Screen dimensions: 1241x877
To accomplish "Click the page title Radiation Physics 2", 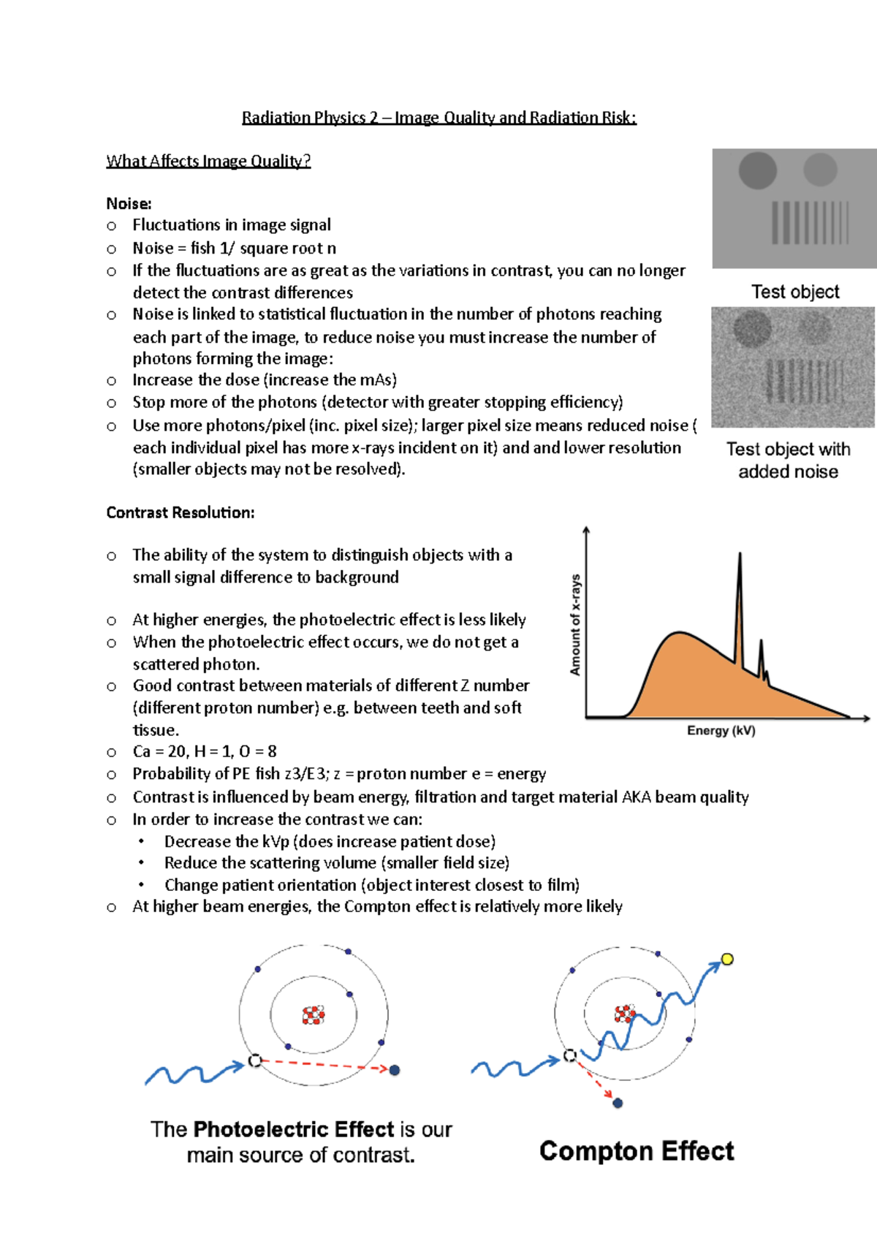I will coord(438,118).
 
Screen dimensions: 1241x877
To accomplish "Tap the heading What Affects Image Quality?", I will coord(208,161).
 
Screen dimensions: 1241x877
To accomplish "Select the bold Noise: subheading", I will coord(129,203).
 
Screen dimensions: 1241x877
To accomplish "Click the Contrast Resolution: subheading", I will coord(181,512).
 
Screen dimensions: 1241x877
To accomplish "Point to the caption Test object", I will coord(795,292).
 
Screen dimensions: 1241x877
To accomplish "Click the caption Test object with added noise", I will coord(788,460).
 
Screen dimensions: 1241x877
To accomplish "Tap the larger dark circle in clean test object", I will coord(757,170).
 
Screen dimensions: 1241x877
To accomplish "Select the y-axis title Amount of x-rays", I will coord(575,624).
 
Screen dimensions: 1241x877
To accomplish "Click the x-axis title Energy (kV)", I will coord(721,730).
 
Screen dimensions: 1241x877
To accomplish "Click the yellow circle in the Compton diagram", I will coord(726,959).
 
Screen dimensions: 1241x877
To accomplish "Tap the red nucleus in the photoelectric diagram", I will coord(314,1014).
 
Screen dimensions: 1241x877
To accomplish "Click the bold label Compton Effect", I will coord(636,1151).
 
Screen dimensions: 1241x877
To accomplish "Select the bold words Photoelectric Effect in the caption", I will coord(294,1129).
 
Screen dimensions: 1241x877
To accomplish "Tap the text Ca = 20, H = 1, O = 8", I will coord(205,751).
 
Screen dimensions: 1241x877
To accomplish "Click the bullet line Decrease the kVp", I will coord(330,841).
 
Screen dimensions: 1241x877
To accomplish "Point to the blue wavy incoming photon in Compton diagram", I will coord(512,1068).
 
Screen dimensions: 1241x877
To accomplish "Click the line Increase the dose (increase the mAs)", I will coord(265,380).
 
